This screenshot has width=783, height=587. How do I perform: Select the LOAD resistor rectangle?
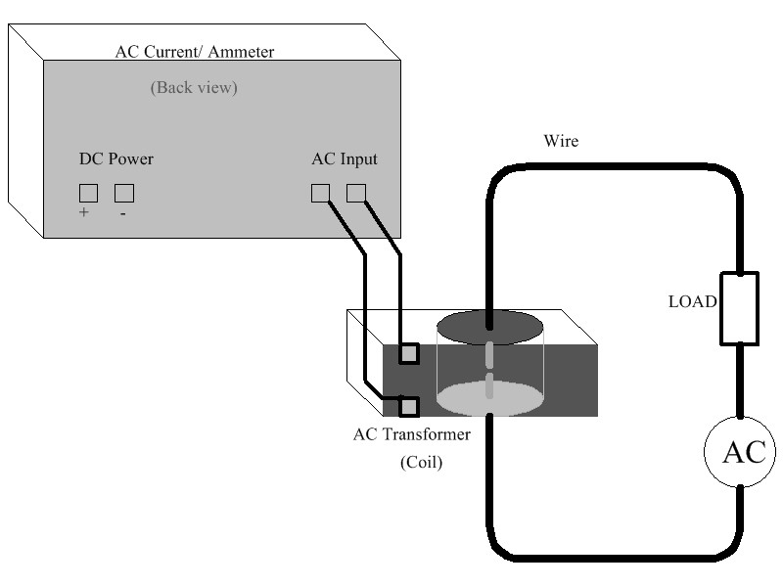739,308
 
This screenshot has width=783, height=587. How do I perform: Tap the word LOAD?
692,301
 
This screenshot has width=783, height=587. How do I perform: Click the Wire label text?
561,141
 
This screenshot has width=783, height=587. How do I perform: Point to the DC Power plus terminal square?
88,193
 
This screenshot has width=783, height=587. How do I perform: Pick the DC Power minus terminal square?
123,193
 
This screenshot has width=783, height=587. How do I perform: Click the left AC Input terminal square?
320,193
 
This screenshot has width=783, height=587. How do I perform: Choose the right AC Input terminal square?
356,193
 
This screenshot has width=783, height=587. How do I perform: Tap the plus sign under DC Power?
84,212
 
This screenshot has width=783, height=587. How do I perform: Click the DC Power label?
115,158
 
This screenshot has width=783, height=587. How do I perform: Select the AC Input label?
344,158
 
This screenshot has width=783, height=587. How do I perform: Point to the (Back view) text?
194,88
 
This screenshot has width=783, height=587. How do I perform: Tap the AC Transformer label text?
411,434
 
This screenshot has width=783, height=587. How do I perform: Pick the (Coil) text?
421,463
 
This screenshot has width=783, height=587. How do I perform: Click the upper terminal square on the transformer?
409,353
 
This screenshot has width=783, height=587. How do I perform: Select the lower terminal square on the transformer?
409,405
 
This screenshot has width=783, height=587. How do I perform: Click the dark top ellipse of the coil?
489,327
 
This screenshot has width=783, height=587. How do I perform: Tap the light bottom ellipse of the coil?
489,398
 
